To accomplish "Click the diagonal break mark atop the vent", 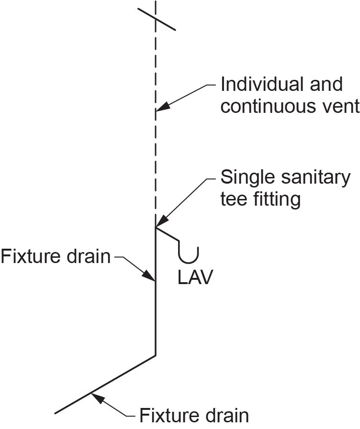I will [156, 19].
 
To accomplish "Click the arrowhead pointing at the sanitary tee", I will [160, 222].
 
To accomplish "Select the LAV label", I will [194, 278].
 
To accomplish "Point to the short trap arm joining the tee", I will [167, 233].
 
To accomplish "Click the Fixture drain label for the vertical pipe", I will [56, 257].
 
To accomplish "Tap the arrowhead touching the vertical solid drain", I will [151, 277].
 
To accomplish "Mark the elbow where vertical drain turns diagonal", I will [156, 355].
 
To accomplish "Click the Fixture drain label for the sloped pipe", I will [194, 415].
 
